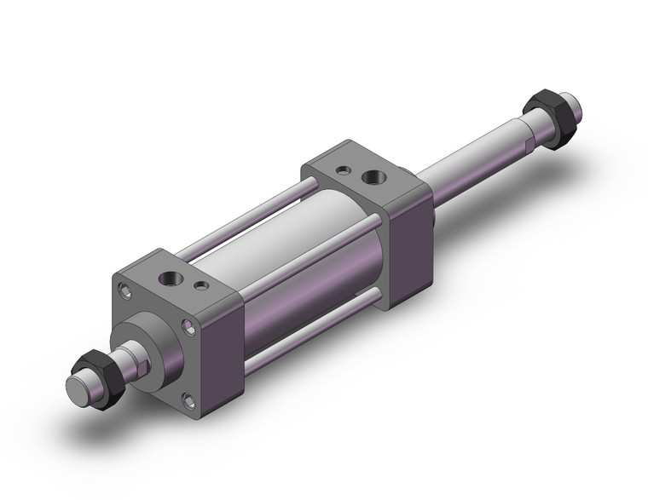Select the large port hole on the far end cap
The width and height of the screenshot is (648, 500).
tap(373, 178)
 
